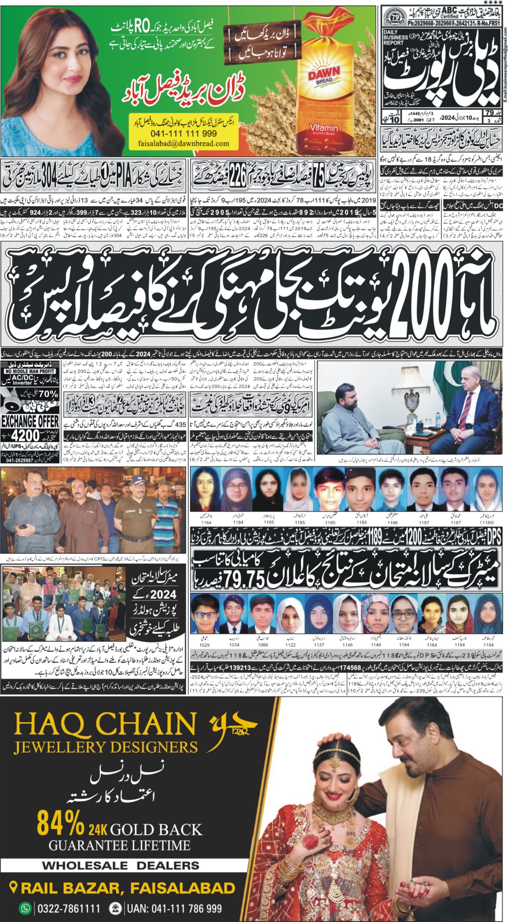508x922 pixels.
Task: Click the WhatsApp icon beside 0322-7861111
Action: click(25, 908)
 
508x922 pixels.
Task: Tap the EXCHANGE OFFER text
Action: click(30, 422)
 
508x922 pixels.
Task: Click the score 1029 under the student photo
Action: click(205, 645)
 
